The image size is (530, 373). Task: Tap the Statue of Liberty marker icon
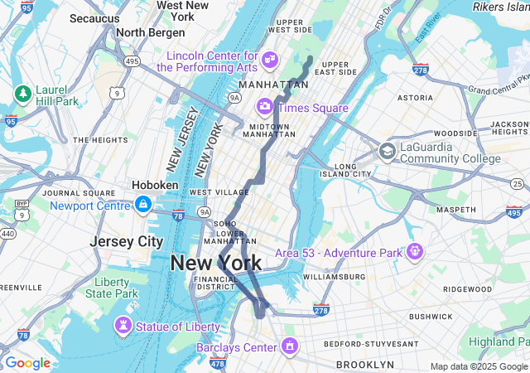123,326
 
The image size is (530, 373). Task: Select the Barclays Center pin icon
289,346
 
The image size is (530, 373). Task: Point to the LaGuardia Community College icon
387,152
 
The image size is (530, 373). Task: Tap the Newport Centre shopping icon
143,204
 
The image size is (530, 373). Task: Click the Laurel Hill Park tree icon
22,93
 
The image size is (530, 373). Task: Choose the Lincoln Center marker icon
270,60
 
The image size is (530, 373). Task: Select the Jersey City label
127,241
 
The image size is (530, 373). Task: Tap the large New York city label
215,264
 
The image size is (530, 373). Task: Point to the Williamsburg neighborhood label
334,276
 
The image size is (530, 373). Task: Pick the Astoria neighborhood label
415,97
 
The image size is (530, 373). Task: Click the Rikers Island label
501,7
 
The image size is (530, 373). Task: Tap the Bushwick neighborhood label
430,316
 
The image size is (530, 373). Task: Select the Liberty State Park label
111,288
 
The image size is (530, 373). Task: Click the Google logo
27,363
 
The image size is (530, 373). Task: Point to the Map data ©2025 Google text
479,366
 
